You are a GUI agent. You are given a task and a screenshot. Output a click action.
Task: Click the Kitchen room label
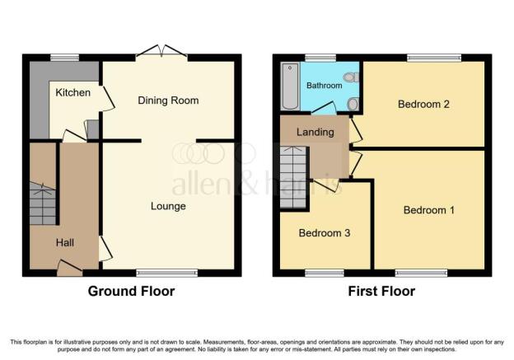pyautogui.click(x=72, y=93)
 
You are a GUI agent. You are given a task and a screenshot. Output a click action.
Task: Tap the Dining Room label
pyautogui.click(x=168, y=101)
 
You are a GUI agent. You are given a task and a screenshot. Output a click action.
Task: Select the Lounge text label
pyautogui.click(x=168, y=206)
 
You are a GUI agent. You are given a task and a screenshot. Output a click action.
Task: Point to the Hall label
pyautogui.click(x=64, y=243)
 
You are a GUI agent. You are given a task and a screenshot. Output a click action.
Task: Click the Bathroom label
pyautogui.click(x=325, y=86)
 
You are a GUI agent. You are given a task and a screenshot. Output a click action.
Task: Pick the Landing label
pyautogui.click(x=315, y=133)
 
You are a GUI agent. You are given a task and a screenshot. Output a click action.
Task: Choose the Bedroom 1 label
pyautogui.click(x=429, y=210)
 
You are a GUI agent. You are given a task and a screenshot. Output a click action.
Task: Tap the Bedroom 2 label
pyautogui.click(x=423, y=105)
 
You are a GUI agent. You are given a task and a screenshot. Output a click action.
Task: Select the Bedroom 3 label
pyautogui.click(x=325, y=233)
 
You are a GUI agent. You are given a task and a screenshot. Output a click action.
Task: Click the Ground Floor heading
pyautogui.click(x=131, y=291)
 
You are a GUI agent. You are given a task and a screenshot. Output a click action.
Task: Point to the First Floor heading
pyautogui.click(x=381, y=291)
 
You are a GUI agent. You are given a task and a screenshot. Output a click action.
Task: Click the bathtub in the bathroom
pyautogui.click(x=290, y=86)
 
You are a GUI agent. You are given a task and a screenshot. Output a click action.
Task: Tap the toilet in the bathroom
pyautogui.click(x=351, y=77)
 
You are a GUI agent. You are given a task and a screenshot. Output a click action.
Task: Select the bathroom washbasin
pyautogui.click(x=353, y=105)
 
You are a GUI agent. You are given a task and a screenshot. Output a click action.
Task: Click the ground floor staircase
pyautogui.click(x=43, y=203)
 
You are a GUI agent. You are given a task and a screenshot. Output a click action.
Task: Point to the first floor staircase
pyautogui.click(x=293, y=177)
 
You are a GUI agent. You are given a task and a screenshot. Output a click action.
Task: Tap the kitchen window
pyautogui.click(x=65, y=58)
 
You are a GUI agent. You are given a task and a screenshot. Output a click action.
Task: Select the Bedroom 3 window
pyautogui.click(x=325, y=273)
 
